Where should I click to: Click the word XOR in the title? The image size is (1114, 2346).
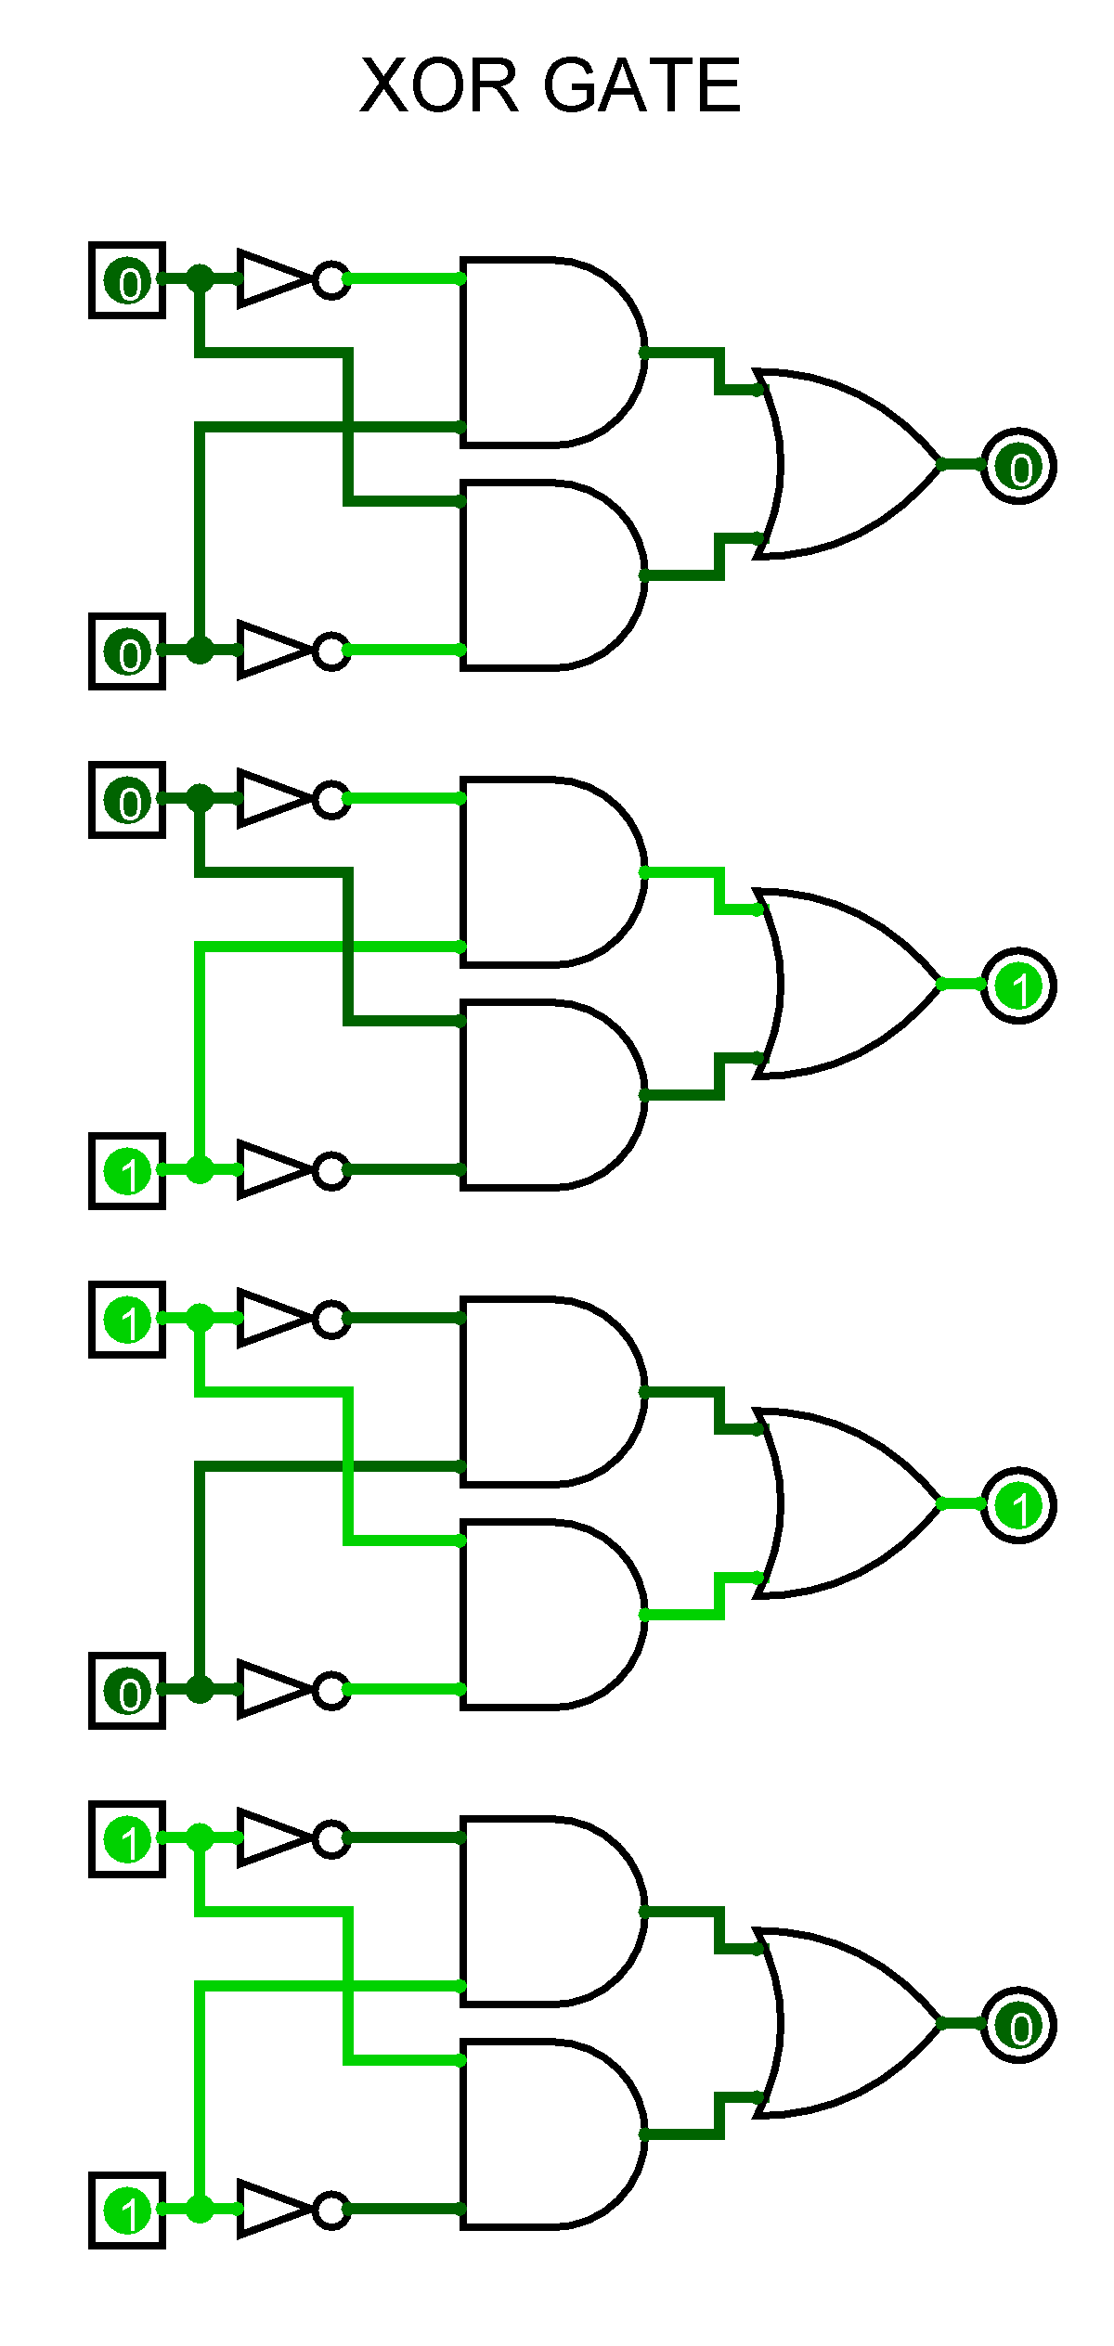coord(438,85)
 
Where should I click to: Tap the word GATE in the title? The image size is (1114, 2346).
coord(642,85)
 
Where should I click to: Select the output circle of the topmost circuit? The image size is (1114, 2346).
coord(1018,466)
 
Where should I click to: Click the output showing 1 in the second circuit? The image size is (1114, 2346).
coord(1018,986)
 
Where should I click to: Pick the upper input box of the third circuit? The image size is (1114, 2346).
coord(127,1320)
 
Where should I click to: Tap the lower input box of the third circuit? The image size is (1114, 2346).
coord(127,1691)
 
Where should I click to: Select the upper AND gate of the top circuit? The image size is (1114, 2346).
coord(548,353)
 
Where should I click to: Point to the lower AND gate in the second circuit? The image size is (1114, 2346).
coord(548,1095)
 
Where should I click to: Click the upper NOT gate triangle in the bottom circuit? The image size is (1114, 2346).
coord(269,1837)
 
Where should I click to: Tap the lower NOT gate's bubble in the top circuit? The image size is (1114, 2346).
coord(331,651)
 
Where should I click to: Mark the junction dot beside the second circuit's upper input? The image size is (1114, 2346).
coord(200,798)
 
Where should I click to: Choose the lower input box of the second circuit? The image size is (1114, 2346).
coord(127,1171)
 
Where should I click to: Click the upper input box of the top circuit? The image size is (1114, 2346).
coord(127,280)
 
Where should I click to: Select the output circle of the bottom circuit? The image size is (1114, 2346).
coord(1018,2025)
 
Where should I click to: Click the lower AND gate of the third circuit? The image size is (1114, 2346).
coord(548,1615)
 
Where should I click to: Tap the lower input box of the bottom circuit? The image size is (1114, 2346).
coord(127,2211)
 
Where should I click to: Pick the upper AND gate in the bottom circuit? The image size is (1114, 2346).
coord(548,1912)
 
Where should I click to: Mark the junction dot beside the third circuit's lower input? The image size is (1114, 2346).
coord(200,1689)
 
